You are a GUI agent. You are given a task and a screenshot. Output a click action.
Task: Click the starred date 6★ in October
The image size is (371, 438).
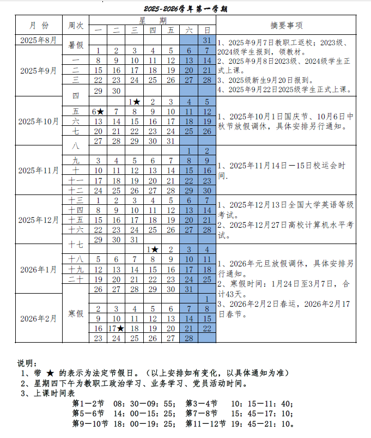(x=98, y=111)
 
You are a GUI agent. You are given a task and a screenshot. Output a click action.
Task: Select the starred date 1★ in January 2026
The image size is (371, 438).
(x=153, y=249)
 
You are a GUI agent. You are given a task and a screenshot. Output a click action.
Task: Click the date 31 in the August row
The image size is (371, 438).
(x=207, y=40)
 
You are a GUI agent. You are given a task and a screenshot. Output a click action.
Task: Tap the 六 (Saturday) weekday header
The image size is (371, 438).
(x=189, y=30)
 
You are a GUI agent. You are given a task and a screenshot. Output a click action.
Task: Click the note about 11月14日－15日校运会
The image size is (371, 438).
(x=283, y=170)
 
